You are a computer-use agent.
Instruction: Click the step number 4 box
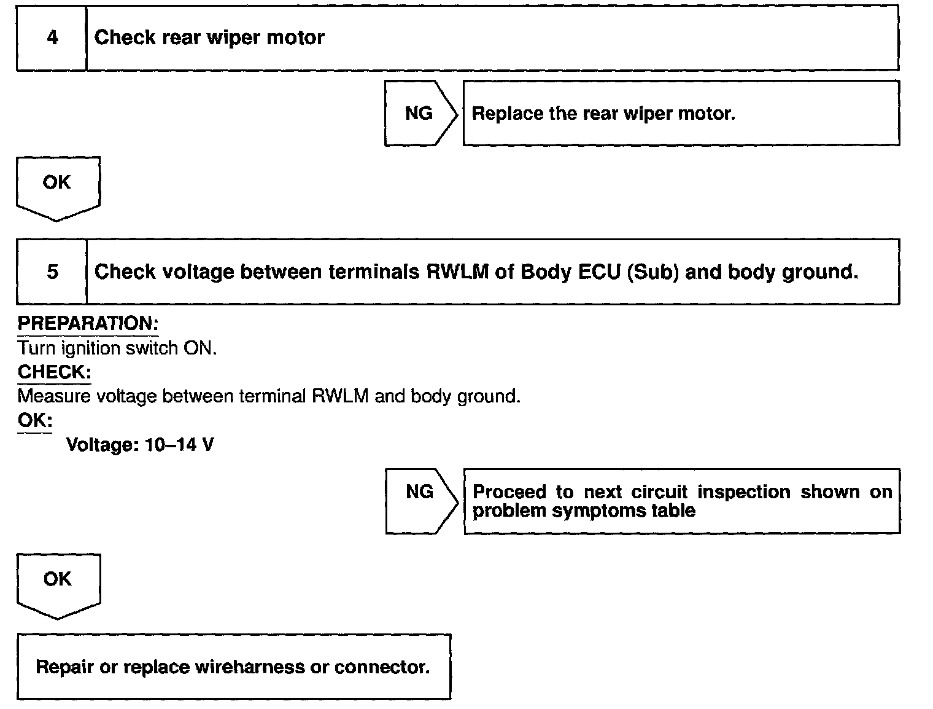pos(52,38)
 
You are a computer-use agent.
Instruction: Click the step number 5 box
pos(52,272)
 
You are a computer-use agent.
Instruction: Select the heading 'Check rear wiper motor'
pos(209,37)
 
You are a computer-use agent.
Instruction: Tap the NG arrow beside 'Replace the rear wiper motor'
pos(420,114)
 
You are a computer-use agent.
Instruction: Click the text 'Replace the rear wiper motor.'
pos(603,114)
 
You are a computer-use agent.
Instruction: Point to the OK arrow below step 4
pos(57,186)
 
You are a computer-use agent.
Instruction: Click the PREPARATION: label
pos(88,324)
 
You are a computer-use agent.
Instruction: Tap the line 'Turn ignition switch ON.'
pos(117,348)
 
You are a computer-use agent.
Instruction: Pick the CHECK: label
pos(54,372)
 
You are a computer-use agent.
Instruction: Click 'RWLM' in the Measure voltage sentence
pos(340,396)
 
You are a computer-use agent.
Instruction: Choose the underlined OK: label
pos(34,421)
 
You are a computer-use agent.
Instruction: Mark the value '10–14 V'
pos(179,445)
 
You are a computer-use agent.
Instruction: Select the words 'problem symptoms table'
pos(584,511)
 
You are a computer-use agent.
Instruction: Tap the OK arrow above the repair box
pos(58,584)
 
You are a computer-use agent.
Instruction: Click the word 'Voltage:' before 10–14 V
pos(103,445)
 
